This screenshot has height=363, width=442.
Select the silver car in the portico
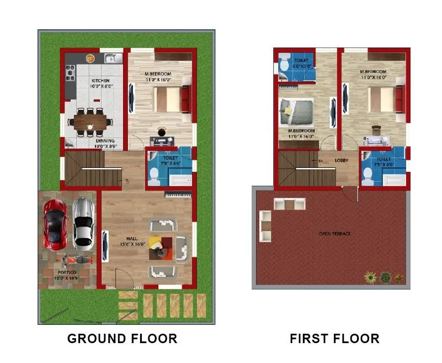click(x=83, y=222)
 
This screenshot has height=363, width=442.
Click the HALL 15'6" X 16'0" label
click(x=132, y=241)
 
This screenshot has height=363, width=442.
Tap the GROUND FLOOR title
click(x=122, y=338)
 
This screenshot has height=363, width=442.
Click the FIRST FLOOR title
click(x=334, y=338)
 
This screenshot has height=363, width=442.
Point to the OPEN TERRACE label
click(x=334, y=234)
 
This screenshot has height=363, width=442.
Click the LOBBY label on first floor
click(x=342, y=161)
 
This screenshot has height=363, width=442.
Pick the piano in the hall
click(x=178, y=194)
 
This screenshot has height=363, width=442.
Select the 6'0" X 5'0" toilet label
click(x=301, y=63)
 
